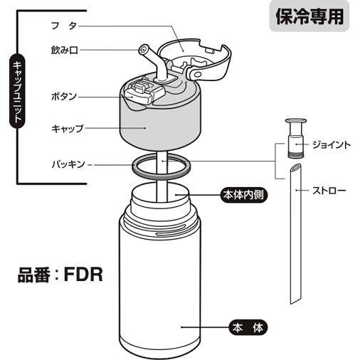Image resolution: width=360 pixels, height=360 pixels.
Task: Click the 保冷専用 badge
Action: [x=309, y=16]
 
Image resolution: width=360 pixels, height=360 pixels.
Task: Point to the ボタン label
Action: [x=63, y=95]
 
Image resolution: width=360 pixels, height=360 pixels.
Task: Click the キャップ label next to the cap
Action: [x=68, y=129]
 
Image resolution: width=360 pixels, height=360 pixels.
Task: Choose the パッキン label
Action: [x=68, y=164]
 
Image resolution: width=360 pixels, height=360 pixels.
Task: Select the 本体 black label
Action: [x=247, y=328]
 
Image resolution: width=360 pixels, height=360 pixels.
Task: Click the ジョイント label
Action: [x=332, y=145]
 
